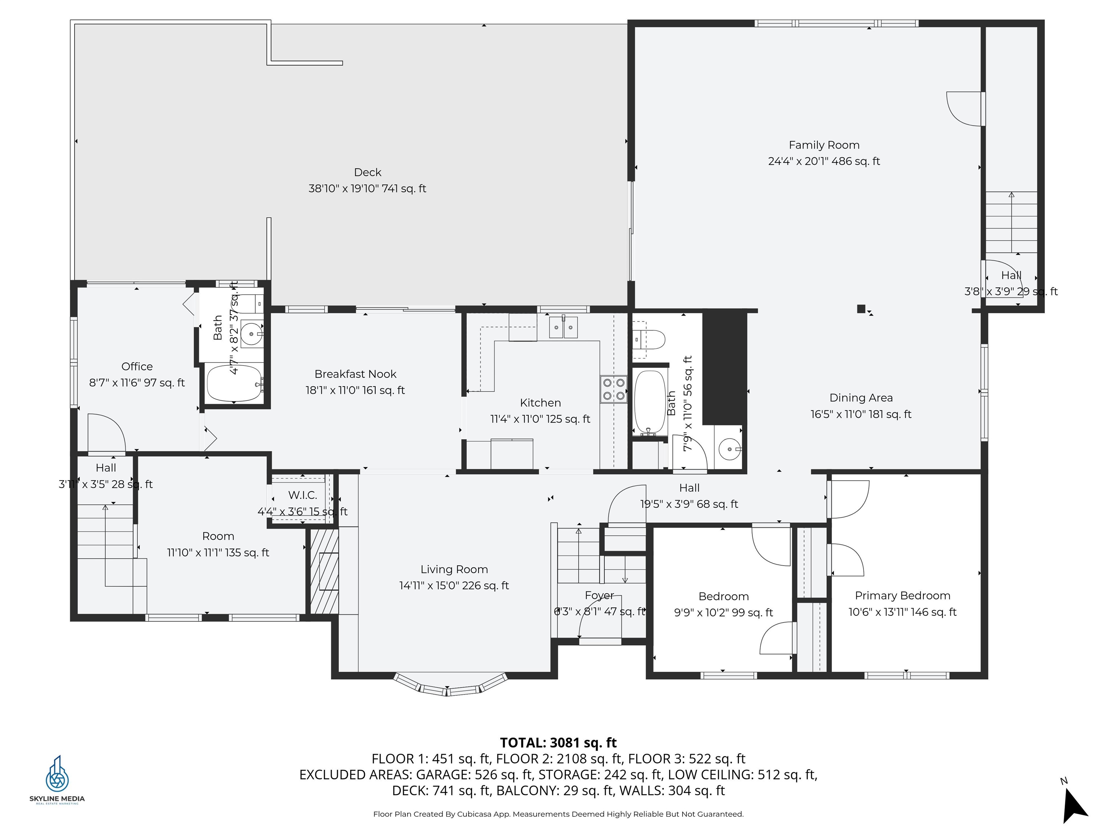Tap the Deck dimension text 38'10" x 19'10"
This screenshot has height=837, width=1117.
tap(367, 189)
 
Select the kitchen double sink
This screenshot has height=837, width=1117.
tap(563, 328)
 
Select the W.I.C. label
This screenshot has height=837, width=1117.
tap(303, 495)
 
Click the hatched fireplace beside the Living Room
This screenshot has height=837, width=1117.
tap(324, 571)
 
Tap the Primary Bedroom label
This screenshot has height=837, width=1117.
tap(902, 596)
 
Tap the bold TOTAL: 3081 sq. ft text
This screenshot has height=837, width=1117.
tap(558, 743)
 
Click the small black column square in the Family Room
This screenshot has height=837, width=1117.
tap(861, 309)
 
